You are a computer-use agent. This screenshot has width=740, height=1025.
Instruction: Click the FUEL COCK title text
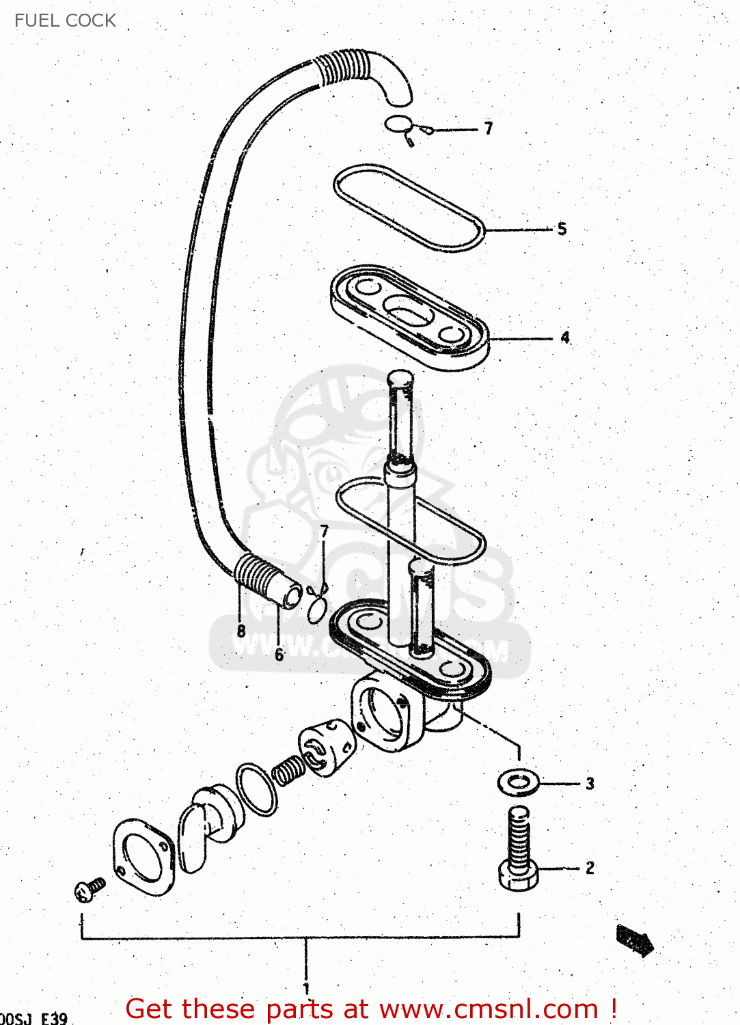65,20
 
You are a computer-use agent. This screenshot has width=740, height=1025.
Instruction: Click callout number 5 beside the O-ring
562,229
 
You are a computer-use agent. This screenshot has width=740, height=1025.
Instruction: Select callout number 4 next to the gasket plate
565,337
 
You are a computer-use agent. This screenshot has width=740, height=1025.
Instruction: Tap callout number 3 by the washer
590,784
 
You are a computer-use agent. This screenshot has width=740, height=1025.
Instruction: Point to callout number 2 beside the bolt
590,868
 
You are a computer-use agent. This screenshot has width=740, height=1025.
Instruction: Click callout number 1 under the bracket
306,988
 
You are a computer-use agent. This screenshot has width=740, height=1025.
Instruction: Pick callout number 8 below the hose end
241,631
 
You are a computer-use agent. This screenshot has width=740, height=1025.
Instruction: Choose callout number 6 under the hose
279,655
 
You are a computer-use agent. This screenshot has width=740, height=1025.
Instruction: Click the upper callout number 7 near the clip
488,128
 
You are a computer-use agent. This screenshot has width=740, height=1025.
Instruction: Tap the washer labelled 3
518,782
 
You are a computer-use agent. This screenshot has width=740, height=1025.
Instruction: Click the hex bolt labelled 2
519,851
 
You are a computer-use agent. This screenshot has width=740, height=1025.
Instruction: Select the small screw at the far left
89,889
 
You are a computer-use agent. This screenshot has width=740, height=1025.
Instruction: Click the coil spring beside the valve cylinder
288,770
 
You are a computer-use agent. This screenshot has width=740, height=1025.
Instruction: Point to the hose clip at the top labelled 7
403,127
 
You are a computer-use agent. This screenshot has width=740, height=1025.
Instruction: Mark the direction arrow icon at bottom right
635,940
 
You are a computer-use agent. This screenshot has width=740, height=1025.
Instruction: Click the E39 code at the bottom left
55,1018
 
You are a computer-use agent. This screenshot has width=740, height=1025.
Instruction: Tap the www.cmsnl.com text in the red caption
489,1009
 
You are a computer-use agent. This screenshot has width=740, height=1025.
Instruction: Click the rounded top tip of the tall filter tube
400,377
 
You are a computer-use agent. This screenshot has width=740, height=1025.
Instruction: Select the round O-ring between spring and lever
257,789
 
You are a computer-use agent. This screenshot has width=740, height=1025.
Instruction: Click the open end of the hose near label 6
292,597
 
